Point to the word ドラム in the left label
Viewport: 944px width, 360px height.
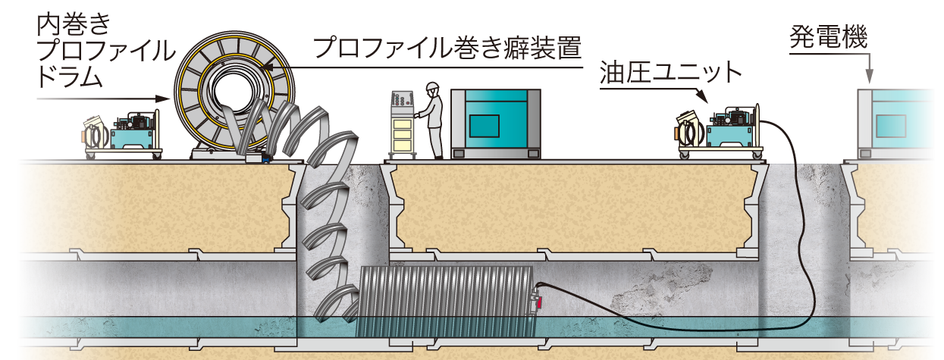point(68,77)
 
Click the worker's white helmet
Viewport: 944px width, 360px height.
point(433,86)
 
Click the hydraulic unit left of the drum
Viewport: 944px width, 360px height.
point(125,132)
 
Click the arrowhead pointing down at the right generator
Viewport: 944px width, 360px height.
point(869,76)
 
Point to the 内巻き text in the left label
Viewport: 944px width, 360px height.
point(72,27)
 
